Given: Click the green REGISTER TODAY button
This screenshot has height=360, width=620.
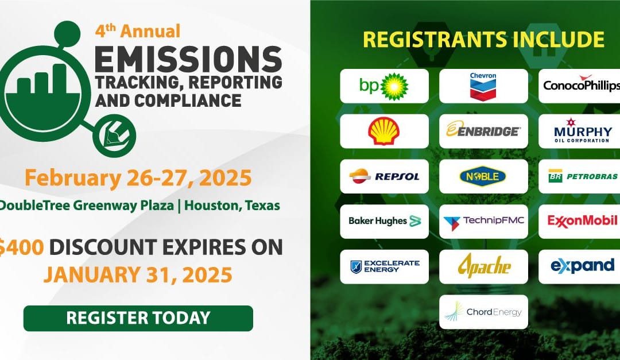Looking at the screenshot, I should coord(138,318).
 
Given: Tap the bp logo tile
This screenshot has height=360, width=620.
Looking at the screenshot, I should coord(384,86).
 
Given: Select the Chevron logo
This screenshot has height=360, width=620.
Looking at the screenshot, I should coord(483,86).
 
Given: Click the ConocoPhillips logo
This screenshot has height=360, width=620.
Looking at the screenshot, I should coord(580,86).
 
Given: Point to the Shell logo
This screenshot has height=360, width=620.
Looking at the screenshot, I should coord(384,131).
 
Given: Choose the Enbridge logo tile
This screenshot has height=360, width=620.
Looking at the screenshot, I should coord(483,131).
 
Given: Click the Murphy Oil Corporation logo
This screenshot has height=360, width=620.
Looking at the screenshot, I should coord(580,131).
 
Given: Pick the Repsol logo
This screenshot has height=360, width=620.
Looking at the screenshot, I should coord(384,176).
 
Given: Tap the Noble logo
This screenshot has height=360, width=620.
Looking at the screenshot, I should coord(483,176).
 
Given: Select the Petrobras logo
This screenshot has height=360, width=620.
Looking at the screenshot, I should coord(580,176).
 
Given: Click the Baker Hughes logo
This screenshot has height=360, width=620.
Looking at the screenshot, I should coord(384,221).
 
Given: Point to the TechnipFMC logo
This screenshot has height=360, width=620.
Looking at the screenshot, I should coord(483,221).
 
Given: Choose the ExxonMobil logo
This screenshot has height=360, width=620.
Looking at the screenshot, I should coord(580,221).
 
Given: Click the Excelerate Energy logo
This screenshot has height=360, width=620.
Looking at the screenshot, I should coord(384,266).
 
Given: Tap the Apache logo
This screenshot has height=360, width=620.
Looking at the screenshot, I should coord(483,266).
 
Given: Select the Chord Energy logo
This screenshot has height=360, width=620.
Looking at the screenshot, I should coord(483,312).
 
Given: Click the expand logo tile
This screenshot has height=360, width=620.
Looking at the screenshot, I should coord(580,266).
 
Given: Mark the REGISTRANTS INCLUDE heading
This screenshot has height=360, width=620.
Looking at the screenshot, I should coord(483,40).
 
